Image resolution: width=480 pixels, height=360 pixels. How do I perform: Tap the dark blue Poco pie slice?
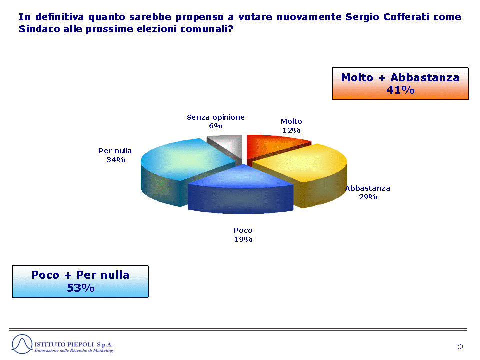(x=241, y=190)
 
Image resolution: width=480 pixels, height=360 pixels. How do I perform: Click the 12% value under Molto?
(x=291, y=130)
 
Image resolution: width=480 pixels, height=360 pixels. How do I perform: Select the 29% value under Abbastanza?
(x=368, y=197)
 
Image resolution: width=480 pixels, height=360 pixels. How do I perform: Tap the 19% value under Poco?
(x=243, y=239)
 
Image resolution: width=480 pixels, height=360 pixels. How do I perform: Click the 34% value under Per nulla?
(x=115, y=160)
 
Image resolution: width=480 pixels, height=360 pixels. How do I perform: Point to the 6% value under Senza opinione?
(x=216, y=126)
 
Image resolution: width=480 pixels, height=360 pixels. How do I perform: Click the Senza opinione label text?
(x=216, y=117)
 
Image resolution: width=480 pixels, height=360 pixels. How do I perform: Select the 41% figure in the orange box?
(x=400, y=90)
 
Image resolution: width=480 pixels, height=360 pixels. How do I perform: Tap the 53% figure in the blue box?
(x=81, y=288)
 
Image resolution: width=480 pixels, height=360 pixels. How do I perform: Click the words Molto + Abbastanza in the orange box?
(x=400, y=78)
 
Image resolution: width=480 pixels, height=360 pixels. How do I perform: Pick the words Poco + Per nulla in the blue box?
(x=81, y=275)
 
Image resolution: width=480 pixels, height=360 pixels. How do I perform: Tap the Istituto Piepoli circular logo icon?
(x=22, y=344)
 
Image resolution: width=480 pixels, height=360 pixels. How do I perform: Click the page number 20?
(x=459, y=347)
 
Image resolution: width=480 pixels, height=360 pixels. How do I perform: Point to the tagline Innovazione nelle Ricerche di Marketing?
(x=74, y=351)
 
